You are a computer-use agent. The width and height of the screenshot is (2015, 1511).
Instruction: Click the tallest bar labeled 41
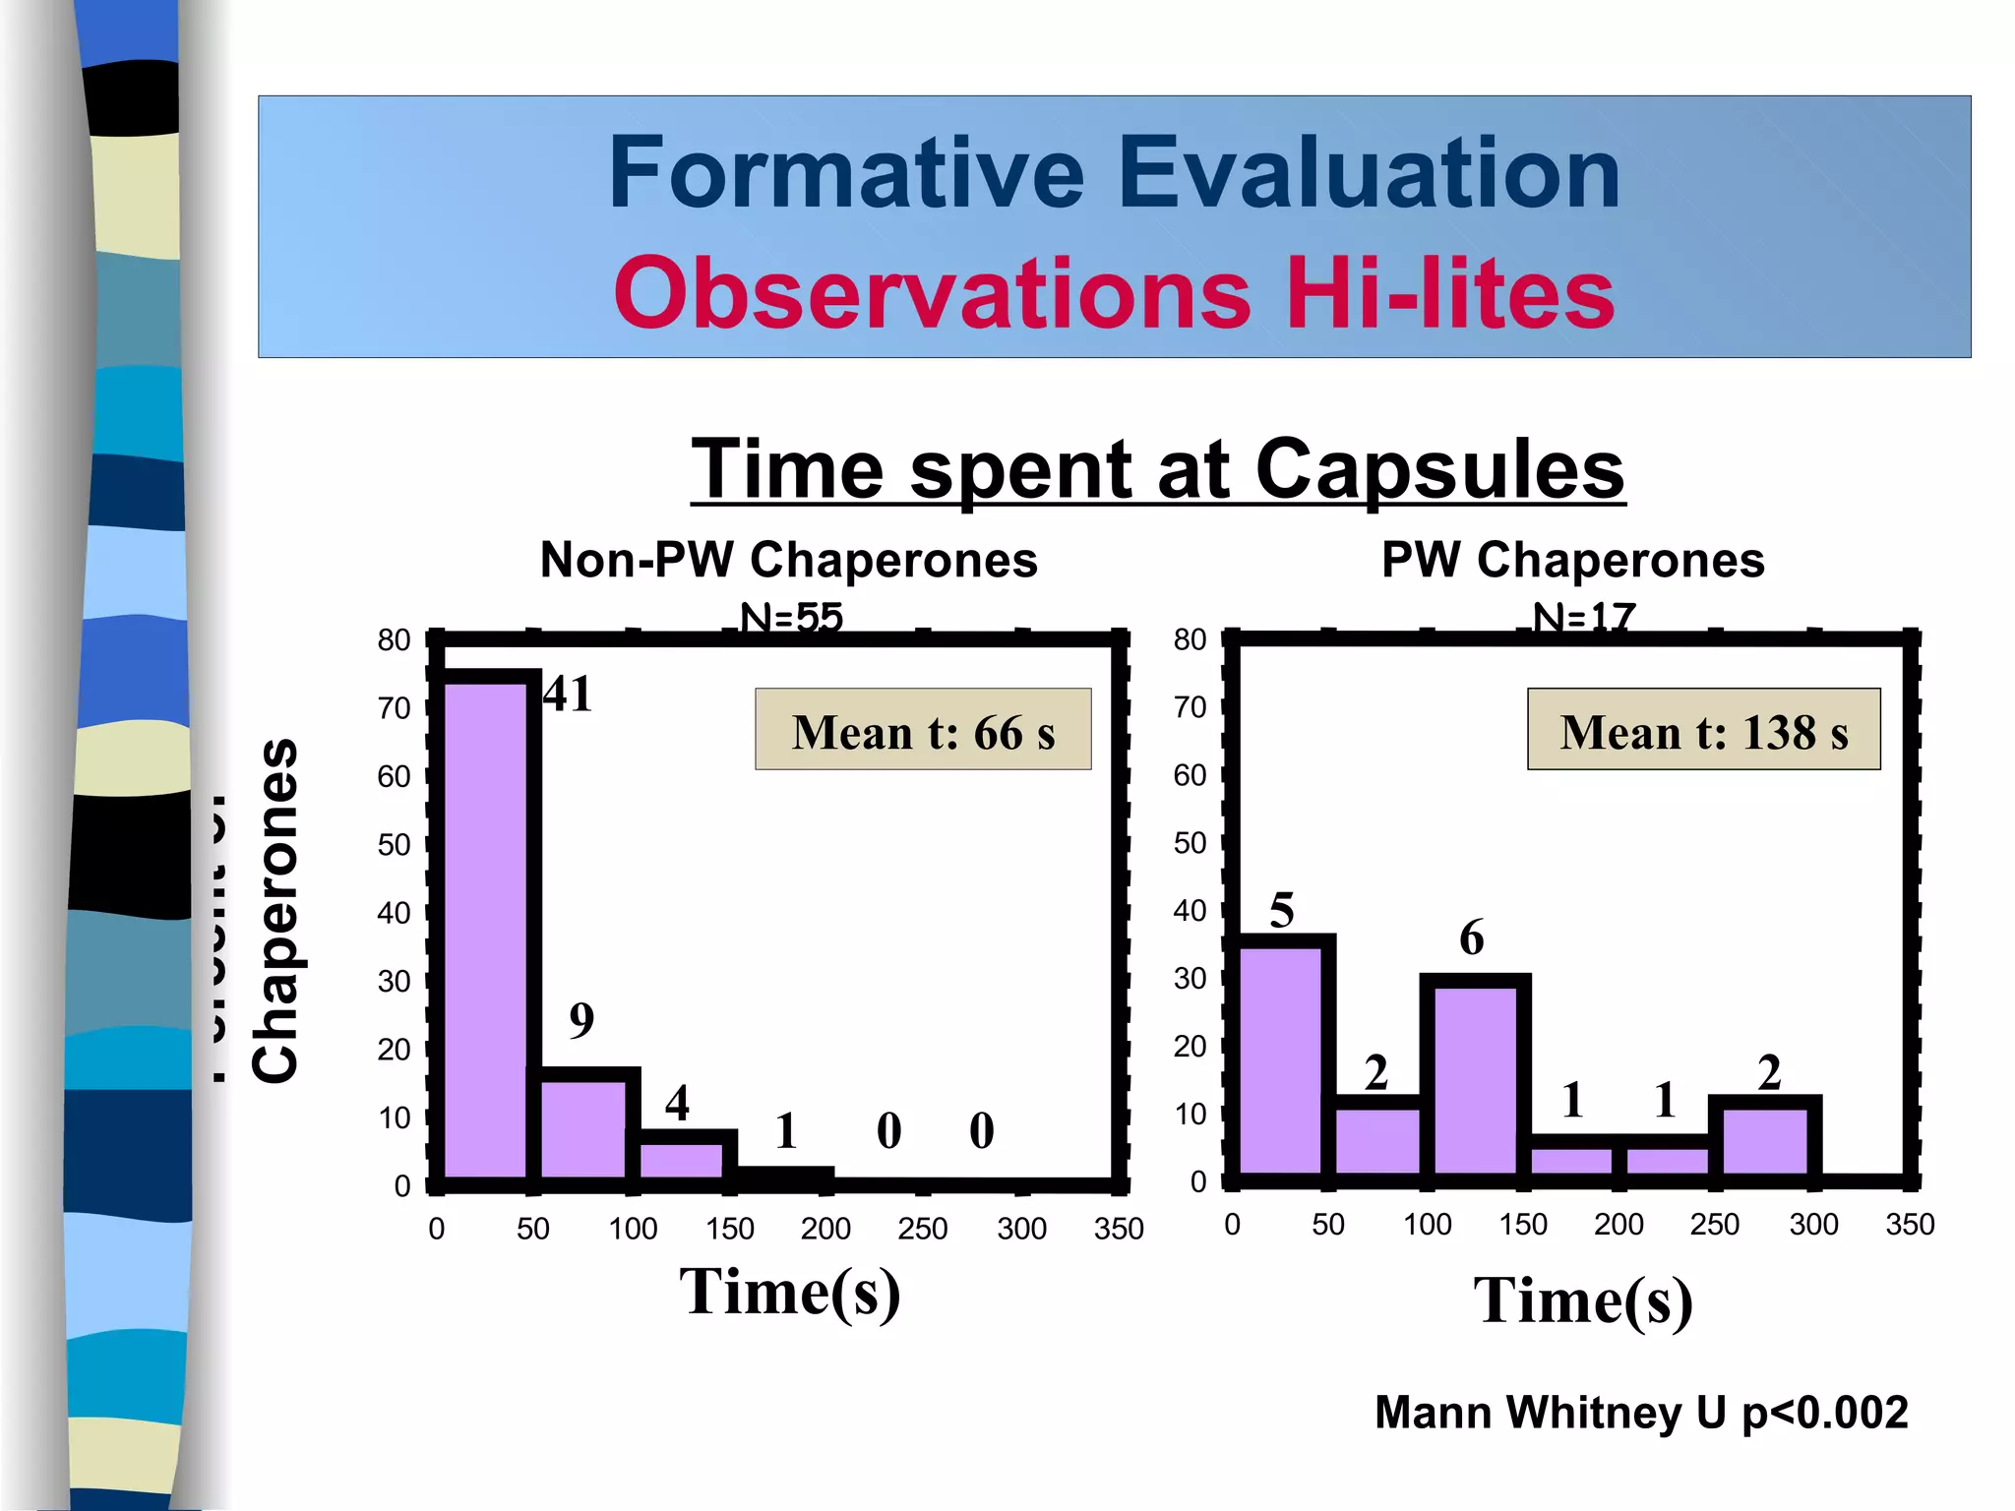[x=486, y=925]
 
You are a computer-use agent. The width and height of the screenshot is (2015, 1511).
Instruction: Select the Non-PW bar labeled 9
[x=583, y=1126]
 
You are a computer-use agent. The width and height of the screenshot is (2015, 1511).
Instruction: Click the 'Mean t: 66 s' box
[x=923, y=730]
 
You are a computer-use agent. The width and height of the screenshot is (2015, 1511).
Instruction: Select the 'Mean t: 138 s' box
[x=1703, y=730]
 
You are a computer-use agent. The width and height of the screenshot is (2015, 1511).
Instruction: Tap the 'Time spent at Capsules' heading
[x=1157, y=470]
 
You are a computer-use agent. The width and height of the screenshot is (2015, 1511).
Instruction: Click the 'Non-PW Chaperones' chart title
[x=788, y=560]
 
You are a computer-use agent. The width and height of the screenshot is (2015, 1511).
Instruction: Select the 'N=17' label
[x=1583, y=618]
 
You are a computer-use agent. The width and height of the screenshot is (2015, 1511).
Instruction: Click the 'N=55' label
[x=791, y=618]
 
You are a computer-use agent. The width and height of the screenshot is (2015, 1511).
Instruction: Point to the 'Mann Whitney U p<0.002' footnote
[x=1640, y=1413]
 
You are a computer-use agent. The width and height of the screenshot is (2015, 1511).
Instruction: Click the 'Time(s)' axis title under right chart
[x=1582, y=1300]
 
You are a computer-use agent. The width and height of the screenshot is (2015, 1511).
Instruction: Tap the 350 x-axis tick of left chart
[x=1119, y=1229]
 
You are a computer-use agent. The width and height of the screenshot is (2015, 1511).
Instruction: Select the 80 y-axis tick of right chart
[x=1190, y=639]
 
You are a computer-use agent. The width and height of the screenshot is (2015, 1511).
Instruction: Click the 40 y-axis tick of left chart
[x=394, y=913]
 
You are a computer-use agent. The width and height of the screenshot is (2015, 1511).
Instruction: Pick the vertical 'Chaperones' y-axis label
[x=275, y=910]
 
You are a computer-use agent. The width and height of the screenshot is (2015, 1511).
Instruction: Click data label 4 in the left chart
[x=677, y=1103]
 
